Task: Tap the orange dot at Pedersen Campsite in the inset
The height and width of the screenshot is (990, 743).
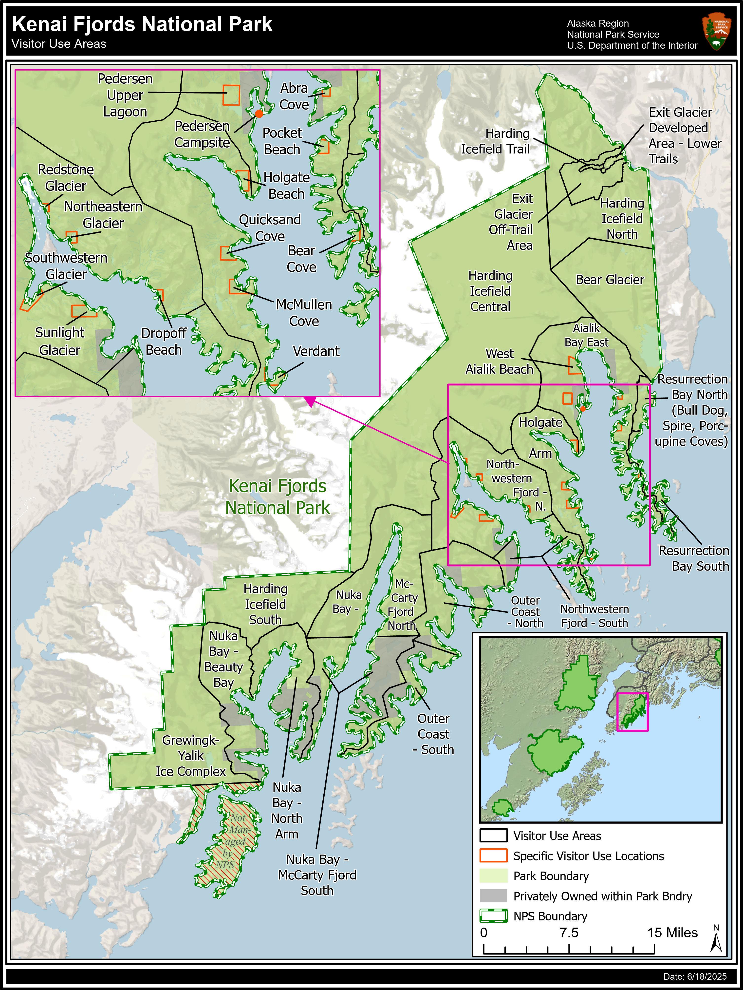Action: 259,114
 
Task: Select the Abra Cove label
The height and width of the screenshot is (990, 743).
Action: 294,96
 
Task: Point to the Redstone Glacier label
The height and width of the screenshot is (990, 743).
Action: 66,178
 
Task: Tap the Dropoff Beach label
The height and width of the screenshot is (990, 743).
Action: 164,342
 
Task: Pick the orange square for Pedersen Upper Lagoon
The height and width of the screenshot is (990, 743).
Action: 231,95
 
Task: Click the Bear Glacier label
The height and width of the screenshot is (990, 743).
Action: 610,280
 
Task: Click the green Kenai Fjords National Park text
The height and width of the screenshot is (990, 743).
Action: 277,497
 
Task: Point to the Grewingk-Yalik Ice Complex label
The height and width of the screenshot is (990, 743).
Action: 190,756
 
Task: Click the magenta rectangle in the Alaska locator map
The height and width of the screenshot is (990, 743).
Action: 632,712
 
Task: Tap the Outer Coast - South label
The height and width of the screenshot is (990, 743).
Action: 433,734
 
